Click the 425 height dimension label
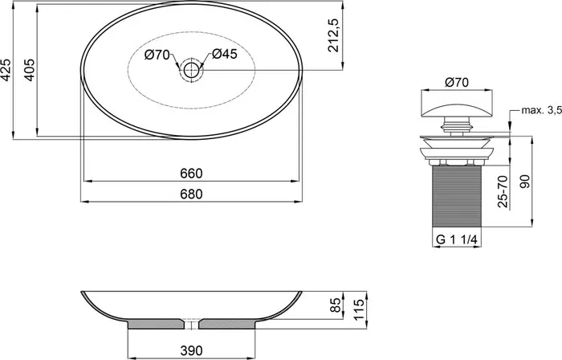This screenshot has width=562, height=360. coord(6,69)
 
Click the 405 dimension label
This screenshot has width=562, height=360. coord(30,70)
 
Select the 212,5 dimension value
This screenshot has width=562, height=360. coord(334,35)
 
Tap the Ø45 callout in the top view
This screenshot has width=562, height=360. coord(224,54)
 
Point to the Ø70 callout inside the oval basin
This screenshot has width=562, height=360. coord(157,55)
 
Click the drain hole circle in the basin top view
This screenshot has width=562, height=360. coord(191,70)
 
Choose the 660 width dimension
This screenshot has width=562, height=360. coord(191,174)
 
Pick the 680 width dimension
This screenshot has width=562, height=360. coord(191,194)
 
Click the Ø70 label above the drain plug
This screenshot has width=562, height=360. coord(457,82)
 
